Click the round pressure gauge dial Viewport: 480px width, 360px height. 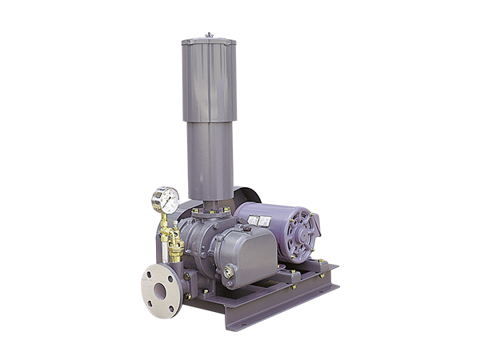click(166, 198)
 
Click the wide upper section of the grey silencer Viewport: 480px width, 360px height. click(210, 80)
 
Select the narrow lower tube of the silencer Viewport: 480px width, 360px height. click(210, 160)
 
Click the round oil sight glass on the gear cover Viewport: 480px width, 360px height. click(229, 271)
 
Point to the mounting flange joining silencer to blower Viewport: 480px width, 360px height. click(209, 210)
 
